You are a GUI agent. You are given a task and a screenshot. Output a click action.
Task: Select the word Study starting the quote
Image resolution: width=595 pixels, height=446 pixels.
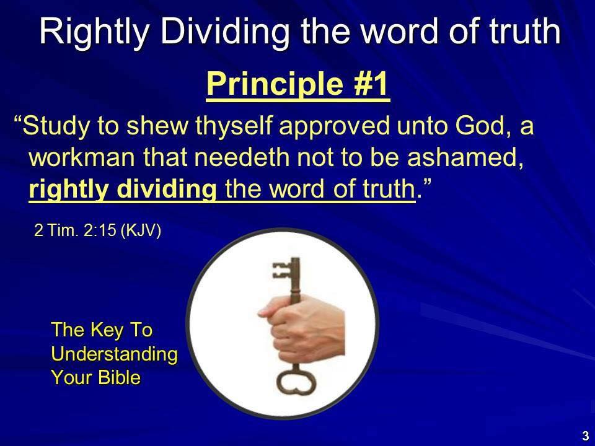click(56, 126)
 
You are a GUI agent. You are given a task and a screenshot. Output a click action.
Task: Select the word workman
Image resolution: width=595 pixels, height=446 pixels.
click(82, 157)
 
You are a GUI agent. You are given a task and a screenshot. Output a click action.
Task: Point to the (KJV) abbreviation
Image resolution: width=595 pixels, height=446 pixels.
click(141, 230)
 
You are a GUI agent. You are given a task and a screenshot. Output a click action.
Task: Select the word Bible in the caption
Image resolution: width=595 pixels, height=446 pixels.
click(119, 377)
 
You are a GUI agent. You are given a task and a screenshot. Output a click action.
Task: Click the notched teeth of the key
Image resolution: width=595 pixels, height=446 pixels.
click(281, 270)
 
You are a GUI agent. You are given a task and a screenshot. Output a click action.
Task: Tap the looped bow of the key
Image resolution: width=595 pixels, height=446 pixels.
click(296, 382)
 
